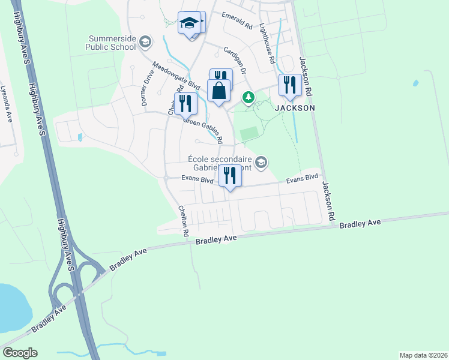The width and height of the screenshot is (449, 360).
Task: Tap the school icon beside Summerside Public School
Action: (x=145, y=42)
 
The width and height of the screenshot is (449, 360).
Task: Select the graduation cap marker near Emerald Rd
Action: (x=190, y=24)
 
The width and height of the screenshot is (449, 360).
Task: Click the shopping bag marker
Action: (x=219, y=91)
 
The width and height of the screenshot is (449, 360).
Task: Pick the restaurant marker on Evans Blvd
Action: (x=229, y=176)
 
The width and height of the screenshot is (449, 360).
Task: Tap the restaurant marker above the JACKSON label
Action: (x=290, y=85)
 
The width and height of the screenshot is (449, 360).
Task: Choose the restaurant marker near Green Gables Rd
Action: (x=185, y=104)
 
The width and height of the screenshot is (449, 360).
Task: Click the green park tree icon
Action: (x=247, y=97)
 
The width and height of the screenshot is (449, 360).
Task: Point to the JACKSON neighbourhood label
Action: (x=295, y=108)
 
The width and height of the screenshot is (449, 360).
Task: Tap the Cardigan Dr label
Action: (x=236, y=61)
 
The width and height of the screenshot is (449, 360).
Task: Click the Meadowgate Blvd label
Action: (x=175, y=76)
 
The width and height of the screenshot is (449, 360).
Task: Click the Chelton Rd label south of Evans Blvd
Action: (x=183, y=220)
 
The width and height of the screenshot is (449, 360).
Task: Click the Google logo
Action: (x=20, y=353)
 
